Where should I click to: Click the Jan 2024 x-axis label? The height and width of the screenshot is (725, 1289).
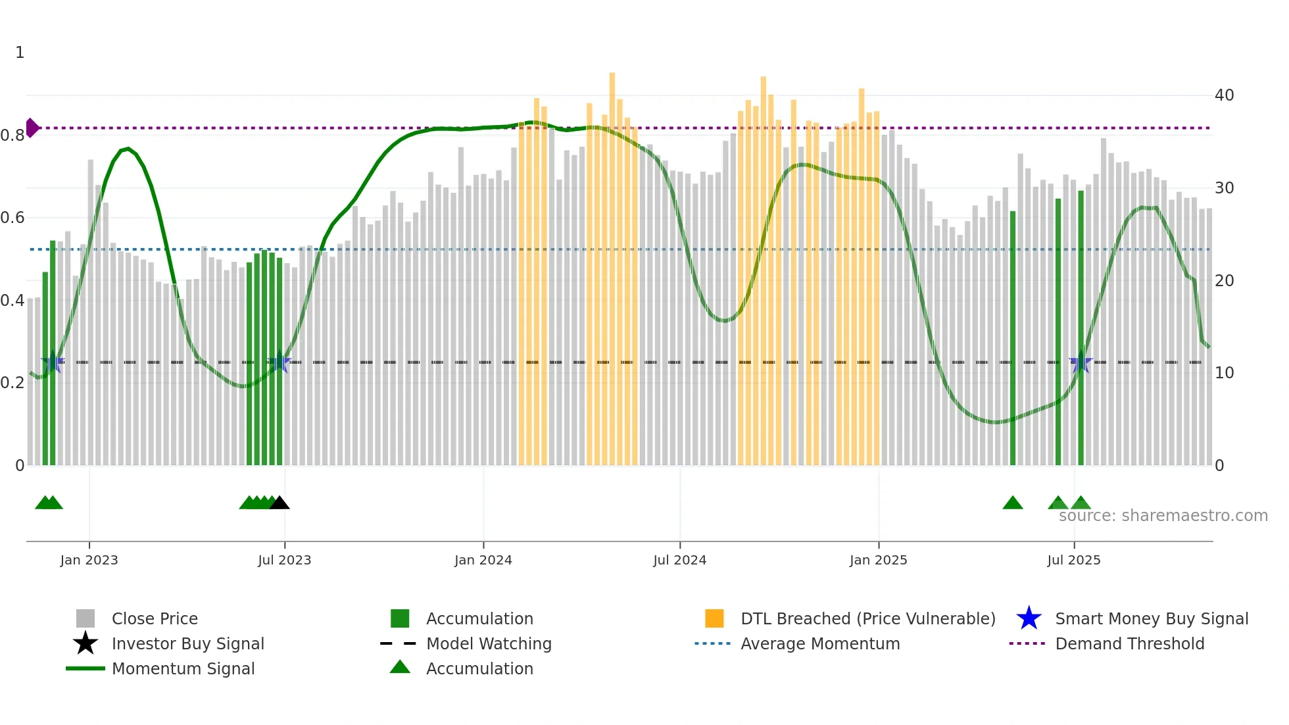coord(483,561)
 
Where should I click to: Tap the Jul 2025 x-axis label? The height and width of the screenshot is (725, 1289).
coord(1073,561)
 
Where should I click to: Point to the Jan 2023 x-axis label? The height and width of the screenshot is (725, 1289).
coord(89,561)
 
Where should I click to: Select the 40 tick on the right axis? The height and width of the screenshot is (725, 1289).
coord(1224,95)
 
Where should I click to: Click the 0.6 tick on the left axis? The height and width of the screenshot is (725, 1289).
coord(12,218)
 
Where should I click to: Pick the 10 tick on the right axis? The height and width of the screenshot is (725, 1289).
coord(1224,373)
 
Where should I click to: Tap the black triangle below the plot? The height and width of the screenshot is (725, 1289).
coord(280,503)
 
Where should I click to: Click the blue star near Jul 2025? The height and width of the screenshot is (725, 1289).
coord(1081,362)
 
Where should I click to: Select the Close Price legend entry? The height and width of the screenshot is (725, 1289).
coord(155,619)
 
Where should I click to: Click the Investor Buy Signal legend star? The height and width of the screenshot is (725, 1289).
coord(85,643)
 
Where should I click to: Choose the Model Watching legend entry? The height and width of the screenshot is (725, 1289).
coord(488,644)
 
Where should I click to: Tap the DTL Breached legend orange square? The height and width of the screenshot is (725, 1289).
coord(714,618)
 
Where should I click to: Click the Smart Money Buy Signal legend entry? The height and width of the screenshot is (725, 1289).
coord(1151,619)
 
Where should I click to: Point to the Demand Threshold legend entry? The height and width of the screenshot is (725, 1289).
coord(1129,644)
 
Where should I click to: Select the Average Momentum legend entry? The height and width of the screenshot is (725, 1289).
coord(819,644)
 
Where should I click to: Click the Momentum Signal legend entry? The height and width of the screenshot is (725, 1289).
coord(183,669)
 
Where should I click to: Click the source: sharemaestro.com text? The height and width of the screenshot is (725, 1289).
coord(1163,516)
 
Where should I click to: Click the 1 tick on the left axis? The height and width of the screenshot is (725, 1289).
coord(20,53)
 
